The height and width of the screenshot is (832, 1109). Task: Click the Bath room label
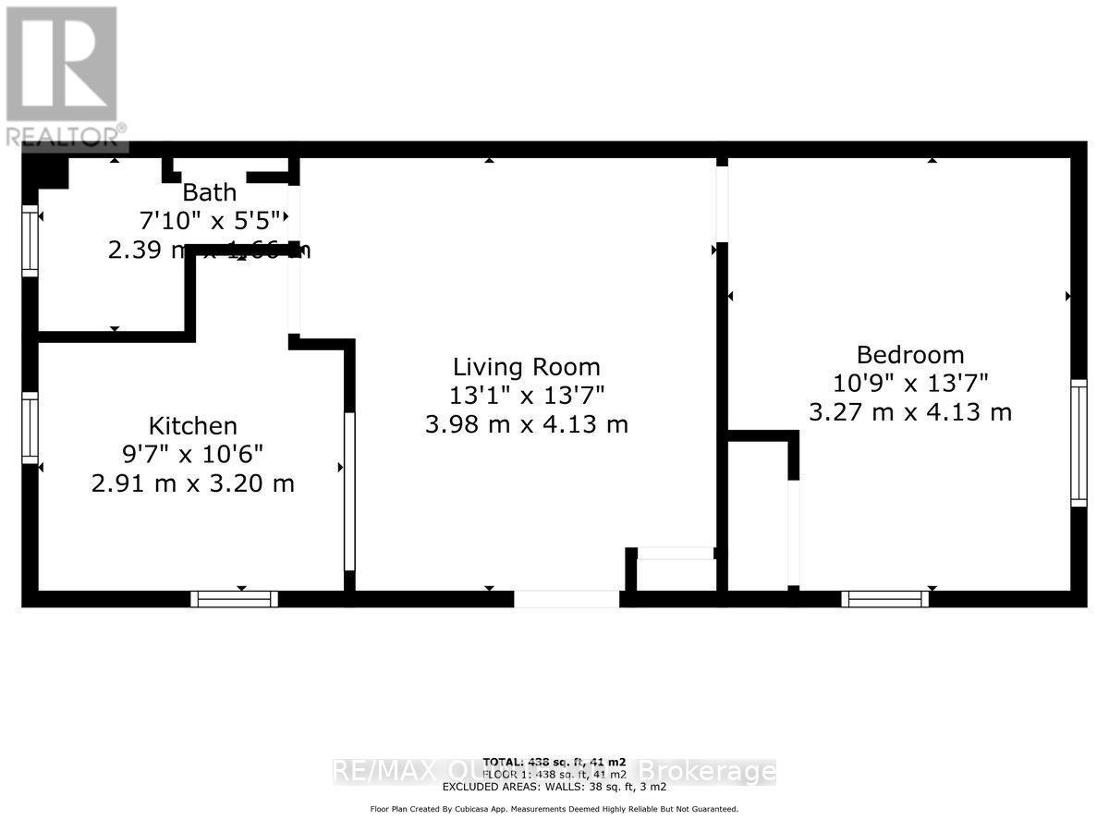pos(209,193)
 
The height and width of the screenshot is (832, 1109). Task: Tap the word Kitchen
pos(193,426)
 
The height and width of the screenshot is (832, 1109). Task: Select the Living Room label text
pos(526,367)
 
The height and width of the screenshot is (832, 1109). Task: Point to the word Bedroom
pos(910,355)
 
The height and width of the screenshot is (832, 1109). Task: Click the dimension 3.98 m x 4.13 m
pos(527,424)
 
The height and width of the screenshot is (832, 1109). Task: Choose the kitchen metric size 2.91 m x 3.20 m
pos(193,483)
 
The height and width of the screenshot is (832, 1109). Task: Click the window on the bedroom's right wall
pos(1079,443)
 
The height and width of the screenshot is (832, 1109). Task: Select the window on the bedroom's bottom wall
pos(885,599)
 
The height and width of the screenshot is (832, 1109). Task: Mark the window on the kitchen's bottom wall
pos(234,599)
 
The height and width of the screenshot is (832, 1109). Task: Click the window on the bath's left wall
pos(30,240)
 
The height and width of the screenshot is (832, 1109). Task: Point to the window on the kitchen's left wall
pos(30,428)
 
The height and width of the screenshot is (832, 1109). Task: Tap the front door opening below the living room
pos(567,599)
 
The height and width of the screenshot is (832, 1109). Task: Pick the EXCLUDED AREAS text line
pos(554,787)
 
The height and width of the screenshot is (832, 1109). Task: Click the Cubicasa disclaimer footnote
pos(554,809)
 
